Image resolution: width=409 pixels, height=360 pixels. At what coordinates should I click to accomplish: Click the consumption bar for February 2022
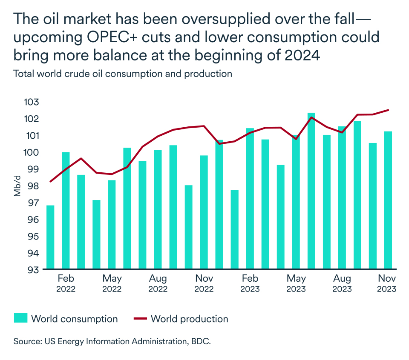tap(66, 210)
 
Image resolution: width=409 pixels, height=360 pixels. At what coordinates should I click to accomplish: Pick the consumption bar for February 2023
tap(250, 198)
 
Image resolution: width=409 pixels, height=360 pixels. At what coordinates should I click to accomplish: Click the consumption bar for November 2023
tap(388, 200)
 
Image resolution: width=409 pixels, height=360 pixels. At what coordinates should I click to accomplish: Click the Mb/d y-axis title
tap(17, 186)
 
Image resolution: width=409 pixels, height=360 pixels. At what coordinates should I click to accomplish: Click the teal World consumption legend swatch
tap(20, 318)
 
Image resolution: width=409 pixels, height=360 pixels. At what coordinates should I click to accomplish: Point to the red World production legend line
tap(140, 318)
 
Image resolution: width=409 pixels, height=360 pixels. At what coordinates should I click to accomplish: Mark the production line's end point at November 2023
tap(388, 110)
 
